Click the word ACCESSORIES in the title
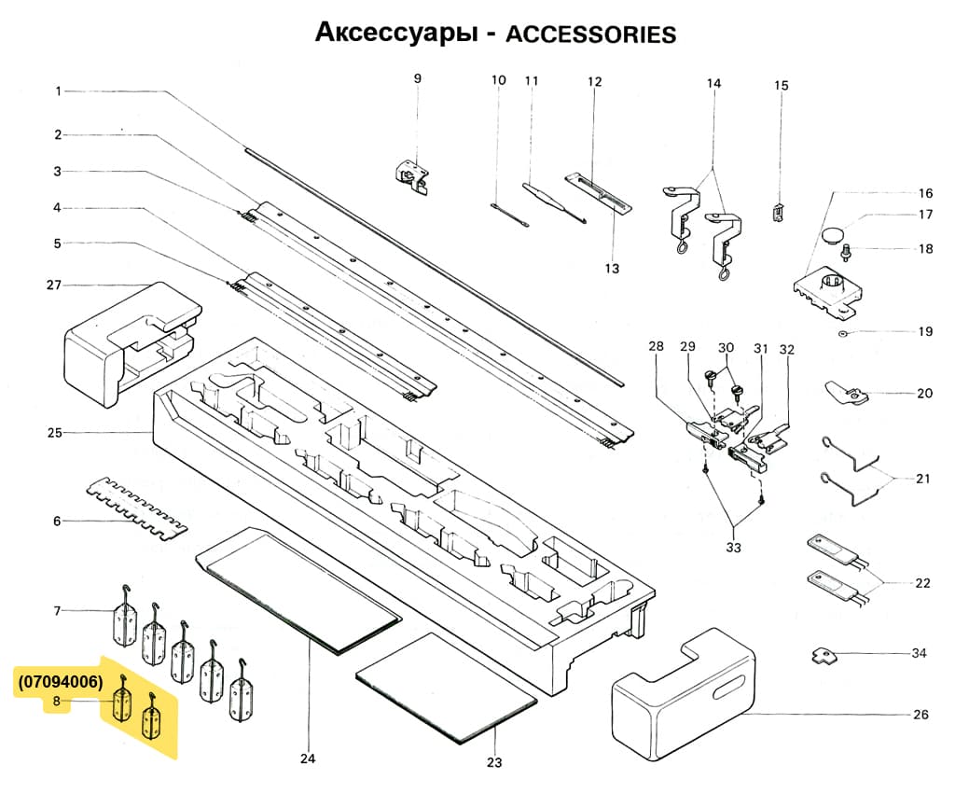[x=589, y=35]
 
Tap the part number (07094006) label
[x=60, y=682]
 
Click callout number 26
[x=920, y=716]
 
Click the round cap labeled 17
[x=833, y=230]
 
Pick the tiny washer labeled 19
[x=842, y=332]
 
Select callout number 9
[x=418, y=78]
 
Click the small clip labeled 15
[x=778, y=212]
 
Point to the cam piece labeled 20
[x=845, y=394]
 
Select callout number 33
[x=733, y=548]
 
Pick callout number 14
[x=713, y=83]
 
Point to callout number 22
[x=922, y=583]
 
